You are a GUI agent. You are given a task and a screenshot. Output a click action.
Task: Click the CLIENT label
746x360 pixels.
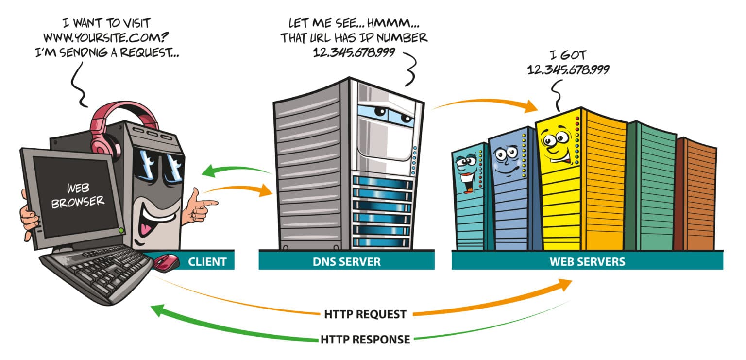click(207, 262)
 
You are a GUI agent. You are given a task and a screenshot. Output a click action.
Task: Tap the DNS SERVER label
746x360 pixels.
click(346, 262)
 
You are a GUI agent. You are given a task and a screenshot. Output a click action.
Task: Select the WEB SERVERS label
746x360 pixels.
click(587, 262)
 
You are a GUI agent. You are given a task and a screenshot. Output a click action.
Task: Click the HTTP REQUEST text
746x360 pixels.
click(365, 314)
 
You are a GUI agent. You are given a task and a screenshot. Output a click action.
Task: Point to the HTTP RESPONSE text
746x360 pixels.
click(365, 339)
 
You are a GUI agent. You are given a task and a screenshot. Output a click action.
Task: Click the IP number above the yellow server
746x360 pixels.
click(568, 69)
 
